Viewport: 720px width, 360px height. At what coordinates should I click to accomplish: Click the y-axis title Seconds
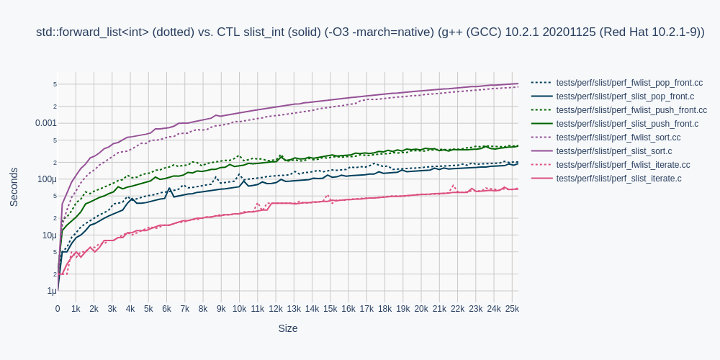point(14,187)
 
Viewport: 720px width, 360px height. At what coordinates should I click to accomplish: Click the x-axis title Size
point(288,328)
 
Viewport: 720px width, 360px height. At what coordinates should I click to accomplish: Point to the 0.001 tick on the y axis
point(46,123)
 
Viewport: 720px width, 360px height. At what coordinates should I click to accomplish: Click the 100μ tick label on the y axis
point(47,179)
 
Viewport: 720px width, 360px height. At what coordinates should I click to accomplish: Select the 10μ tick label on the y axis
point(49,235)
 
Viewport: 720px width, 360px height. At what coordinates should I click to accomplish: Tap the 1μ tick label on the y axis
point(52,291)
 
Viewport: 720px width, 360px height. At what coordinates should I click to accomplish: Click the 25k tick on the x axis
point(512,309)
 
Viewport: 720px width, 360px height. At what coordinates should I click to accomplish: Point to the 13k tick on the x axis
point(294,309)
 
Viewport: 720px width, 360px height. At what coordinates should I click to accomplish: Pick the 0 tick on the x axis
point(58,309)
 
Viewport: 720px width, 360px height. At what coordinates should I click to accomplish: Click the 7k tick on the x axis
point(185,309)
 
